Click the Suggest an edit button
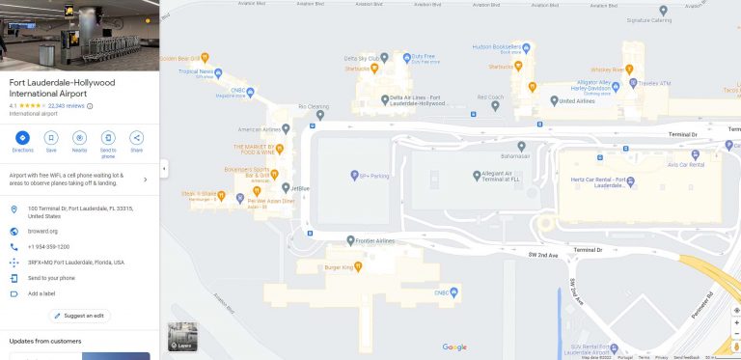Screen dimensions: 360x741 click(x=79, y=316)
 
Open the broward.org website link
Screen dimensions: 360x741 click(x=41, y=232)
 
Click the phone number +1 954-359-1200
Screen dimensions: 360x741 click(x=48, y=247)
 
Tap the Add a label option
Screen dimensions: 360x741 click(x=42, y=293)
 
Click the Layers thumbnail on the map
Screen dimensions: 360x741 click(x=182, y=336)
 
